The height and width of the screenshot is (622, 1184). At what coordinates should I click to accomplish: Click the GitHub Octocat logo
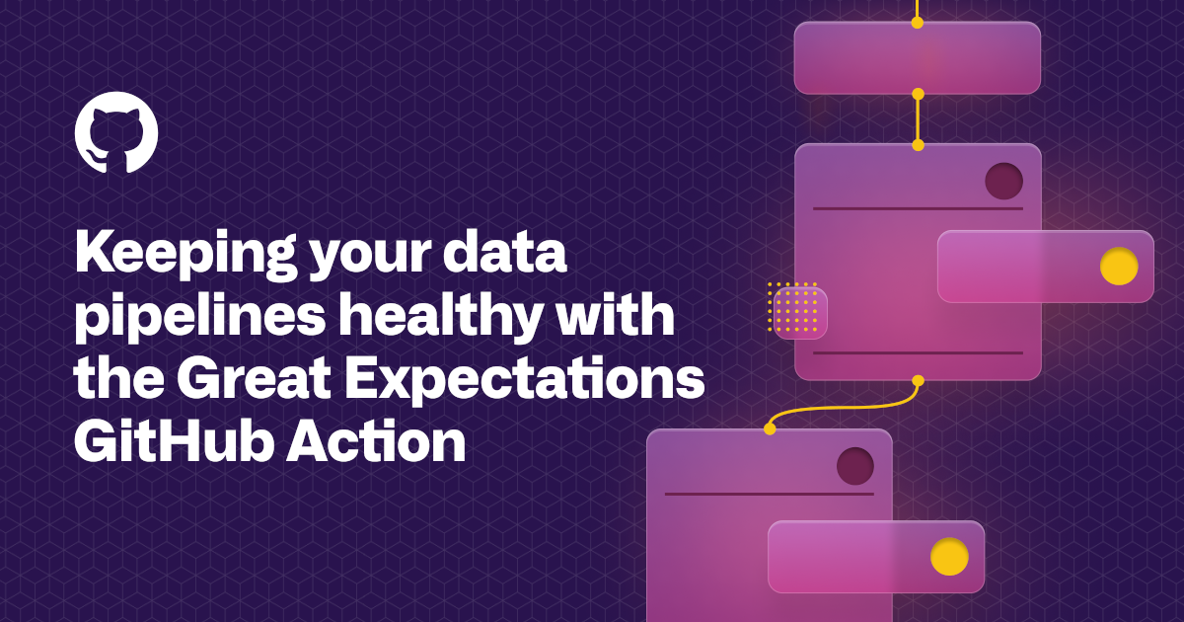pos(116,132)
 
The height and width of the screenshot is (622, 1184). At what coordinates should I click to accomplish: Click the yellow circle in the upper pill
pos(1119,267)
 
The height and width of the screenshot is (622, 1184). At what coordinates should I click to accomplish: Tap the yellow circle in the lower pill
pos(949,557)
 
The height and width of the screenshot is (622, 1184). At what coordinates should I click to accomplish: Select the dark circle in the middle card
pos(1003,181)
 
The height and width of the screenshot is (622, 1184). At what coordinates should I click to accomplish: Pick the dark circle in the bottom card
pos(855,466)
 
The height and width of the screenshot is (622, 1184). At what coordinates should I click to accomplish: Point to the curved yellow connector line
pos(849,407)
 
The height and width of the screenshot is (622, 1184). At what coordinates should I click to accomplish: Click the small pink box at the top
pos(917,58)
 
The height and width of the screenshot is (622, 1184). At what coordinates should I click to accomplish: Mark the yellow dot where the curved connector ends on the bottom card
pos(770,428)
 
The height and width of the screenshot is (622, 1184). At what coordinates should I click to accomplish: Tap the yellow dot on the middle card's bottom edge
pos(918,380)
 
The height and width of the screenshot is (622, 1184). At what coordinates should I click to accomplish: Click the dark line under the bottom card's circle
pos(769,494)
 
